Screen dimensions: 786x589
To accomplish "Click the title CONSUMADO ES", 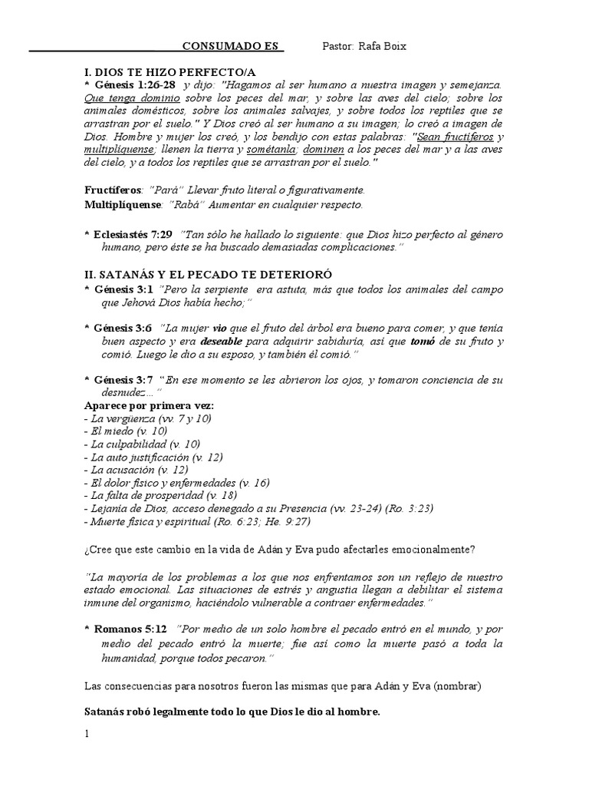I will (x=233, y=47).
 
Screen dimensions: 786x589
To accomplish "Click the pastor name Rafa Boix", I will (x=365, y=47).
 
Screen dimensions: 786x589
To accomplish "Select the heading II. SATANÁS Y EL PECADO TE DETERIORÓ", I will (x=199, y=274).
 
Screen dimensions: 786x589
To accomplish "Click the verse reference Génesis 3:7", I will (x=123, y=379).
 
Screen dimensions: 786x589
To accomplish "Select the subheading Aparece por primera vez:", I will (x=149, y=405).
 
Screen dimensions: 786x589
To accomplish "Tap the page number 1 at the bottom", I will (x=87, y=734).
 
